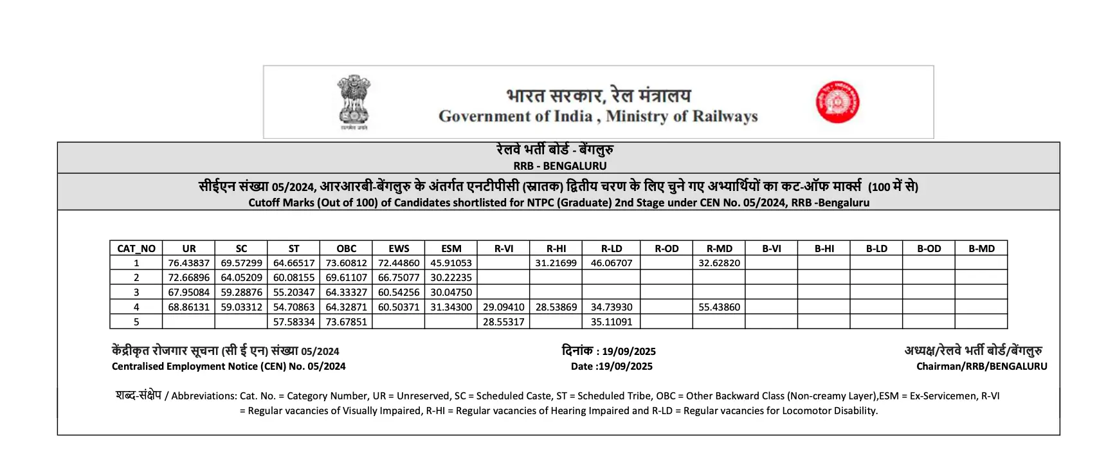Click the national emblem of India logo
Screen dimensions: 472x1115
tap(354, 102)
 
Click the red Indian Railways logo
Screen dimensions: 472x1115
tap(837, 102)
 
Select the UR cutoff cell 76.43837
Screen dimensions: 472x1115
tap(188, 263)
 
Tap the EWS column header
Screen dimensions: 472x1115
tap(399, 248)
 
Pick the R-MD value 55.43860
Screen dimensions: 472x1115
tap(719, 307)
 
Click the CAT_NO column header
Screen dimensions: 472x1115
tap(136, 248)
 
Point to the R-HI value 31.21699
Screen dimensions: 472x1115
tap(556, 263)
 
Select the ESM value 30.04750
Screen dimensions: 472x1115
tap(451, 293)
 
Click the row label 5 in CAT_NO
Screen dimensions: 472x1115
tap(136, 322)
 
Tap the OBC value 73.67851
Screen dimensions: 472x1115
tap(346, 322)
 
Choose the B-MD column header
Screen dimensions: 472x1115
tap(981, 248)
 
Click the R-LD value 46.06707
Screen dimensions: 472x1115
tap(611, 263)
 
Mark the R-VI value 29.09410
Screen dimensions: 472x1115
tap(503, 307)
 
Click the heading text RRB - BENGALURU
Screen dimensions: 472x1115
tap(559, 166)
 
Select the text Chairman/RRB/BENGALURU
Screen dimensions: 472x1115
tap(981, 367)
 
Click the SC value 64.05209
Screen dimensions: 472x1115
tap(241, 278)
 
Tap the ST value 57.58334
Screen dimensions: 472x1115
tap(294, 322)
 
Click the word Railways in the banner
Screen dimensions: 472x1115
tap(725, 116)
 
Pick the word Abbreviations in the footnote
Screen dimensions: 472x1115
tap(203, 396)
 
